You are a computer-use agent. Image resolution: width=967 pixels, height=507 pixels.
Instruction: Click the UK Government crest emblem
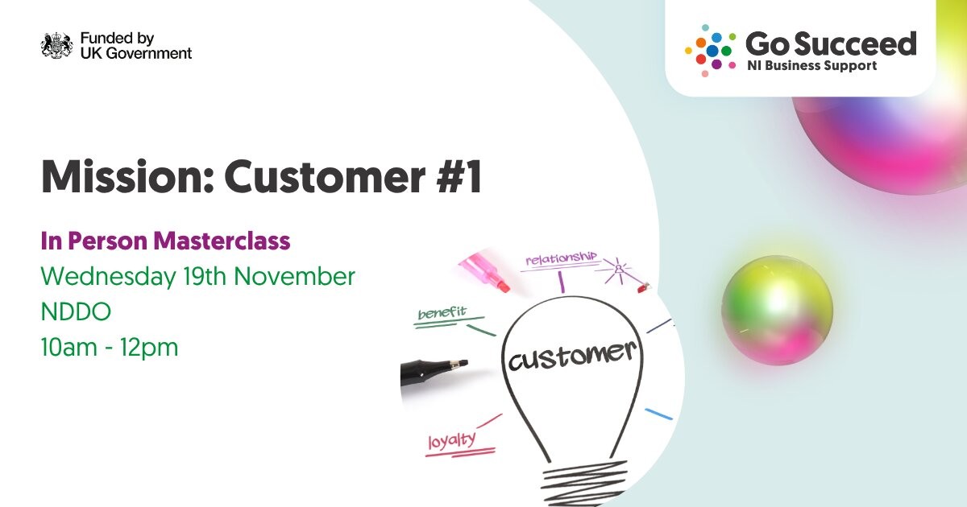[57, 45]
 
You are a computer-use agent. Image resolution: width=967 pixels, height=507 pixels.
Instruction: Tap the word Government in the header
[148, 53]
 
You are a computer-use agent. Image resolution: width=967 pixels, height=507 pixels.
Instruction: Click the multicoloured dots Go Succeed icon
[711, 51]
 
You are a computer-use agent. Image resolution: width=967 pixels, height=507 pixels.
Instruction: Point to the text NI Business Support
[812, 66]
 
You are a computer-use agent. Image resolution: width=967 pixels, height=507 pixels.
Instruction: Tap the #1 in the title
[459, 177]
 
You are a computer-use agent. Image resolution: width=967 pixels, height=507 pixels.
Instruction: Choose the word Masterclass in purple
[222, 241]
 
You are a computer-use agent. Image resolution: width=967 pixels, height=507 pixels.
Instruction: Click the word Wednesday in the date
[108, 277]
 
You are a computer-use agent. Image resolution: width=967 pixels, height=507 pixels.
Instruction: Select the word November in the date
[294, 277]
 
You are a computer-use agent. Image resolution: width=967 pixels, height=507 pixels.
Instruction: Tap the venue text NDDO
[76, 311]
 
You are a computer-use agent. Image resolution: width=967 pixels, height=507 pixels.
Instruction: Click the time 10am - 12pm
[110, 348]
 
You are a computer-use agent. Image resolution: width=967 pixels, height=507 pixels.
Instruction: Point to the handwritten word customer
[572, 356]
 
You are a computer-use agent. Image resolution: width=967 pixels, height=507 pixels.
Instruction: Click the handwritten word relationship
[561, 258]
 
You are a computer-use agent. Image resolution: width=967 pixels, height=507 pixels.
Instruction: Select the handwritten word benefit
[442, 312]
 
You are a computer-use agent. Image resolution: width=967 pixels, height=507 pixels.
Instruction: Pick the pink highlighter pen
[484, 273]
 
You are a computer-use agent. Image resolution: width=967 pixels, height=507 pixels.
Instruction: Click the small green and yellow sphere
[777, 311]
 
